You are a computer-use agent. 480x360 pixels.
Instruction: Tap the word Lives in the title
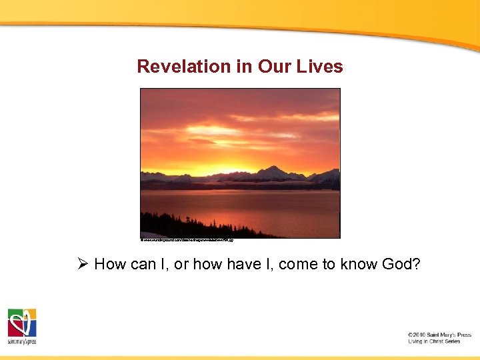tap(321, 67)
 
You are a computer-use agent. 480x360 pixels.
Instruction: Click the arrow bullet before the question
tap(83, 264)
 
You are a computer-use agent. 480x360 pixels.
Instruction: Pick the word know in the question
tap(357, 264)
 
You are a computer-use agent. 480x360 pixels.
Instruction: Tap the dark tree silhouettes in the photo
tap(193, 227)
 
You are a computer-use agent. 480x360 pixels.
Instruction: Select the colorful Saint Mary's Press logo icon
tap(21, 323)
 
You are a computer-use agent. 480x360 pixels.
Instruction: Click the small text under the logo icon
tap(21, 341)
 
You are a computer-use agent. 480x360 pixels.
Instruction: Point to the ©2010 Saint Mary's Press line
tap(439, 335)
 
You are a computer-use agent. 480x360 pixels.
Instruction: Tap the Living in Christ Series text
tap(434, 341)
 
